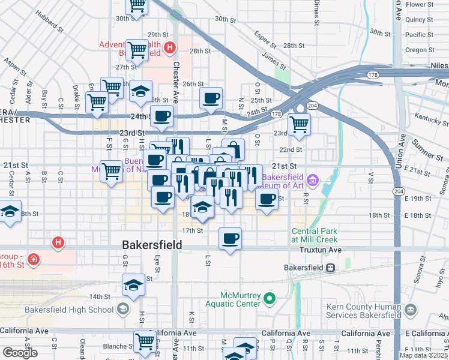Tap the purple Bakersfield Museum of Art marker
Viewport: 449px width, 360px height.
312,179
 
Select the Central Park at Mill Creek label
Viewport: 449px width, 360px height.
315,235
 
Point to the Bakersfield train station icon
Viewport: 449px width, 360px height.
330,268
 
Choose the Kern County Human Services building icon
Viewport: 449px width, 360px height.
411,310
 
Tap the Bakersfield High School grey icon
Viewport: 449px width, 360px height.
123,310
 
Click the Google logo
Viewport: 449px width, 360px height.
20,353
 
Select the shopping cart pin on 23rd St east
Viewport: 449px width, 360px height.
299,125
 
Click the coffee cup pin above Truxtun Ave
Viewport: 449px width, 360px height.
230,239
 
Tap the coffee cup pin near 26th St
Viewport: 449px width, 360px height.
211,98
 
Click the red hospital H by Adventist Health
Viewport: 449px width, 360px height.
170,47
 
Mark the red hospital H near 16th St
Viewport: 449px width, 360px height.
58,243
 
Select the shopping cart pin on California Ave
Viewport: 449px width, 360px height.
145,341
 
